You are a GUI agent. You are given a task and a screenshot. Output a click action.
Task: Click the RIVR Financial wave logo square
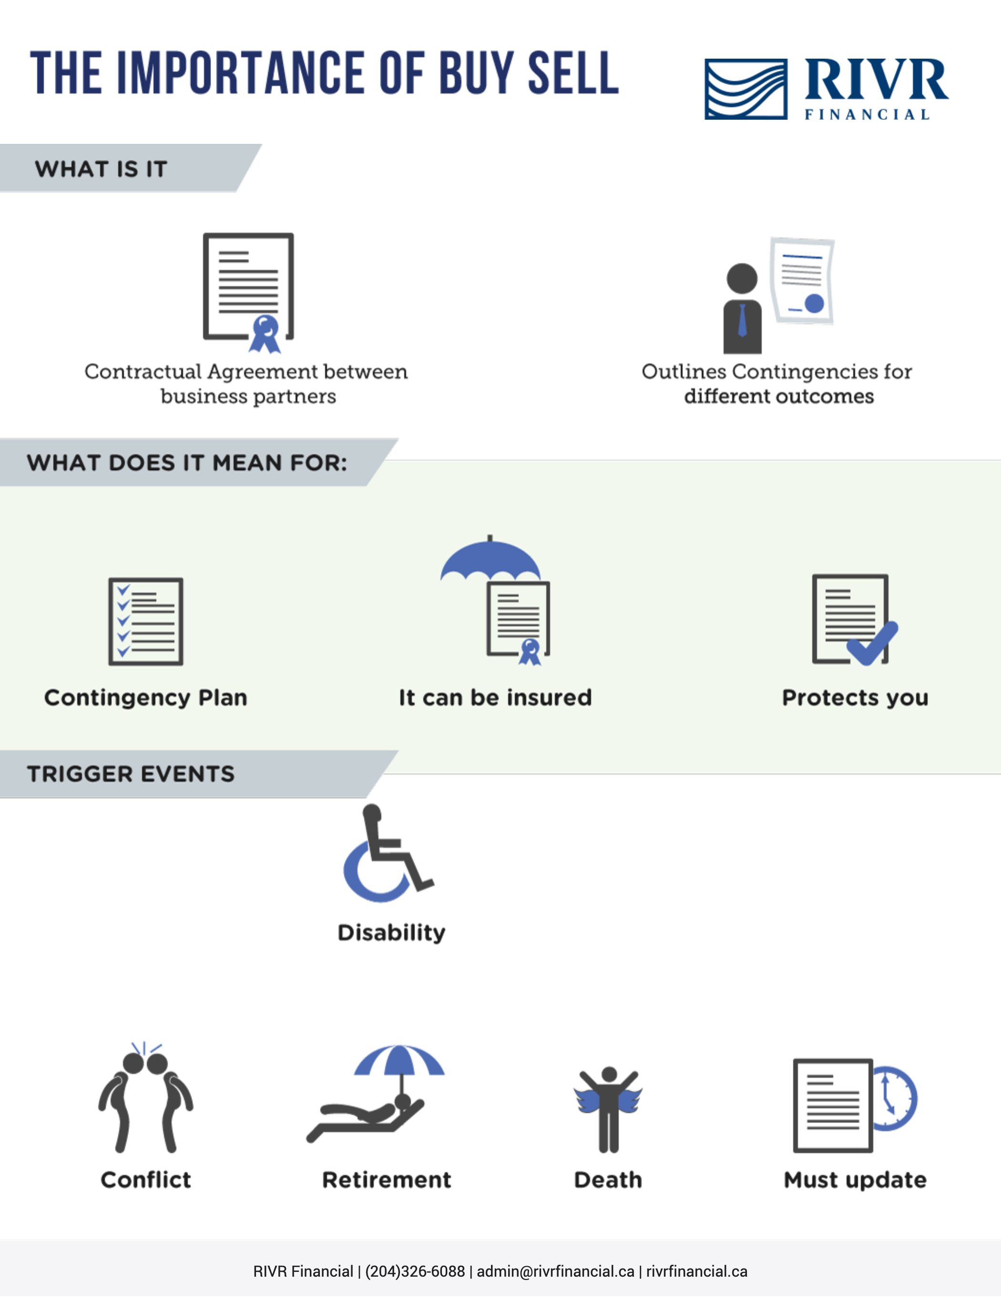pyautogui.click(x=746, y=89)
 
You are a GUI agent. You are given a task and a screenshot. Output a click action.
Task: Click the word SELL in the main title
pyautogui.click(x=573, y=72)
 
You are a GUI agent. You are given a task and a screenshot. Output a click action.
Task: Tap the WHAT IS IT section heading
pyautogui.click(x=101, y=169)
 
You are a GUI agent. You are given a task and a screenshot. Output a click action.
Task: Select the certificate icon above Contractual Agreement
pyautogui.click(x=249, y=292)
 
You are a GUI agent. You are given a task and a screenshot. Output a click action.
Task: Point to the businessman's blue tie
pyautogui.click(x=742, y=320)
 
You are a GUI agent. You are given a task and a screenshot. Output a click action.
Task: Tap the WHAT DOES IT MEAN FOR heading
pyautogui.click(x=187, y=463)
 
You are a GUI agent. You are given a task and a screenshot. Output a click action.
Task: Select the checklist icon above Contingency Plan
pyautogui.click(x=146, y=621)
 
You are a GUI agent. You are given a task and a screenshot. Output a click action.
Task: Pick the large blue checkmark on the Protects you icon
pyautogui.click(x=872, y=643)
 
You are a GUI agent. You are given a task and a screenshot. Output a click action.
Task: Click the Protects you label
pyautogui.click(x=855, y=698)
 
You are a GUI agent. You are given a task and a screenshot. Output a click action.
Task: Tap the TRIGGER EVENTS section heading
pyautogui.click(x=131, y=774)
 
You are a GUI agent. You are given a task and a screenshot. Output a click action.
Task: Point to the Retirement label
pyautogui.click(x=387, y=1179)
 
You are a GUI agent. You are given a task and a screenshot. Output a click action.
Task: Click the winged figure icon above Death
pyautogui.click(x=608, y=1109)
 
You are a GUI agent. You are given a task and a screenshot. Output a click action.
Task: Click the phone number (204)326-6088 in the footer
pyautogui.click(x=415, y=1271)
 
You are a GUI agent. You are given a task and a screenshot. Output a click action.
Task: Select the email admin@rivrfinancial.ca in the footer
pyautogui.click(x=556, y=1271)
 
